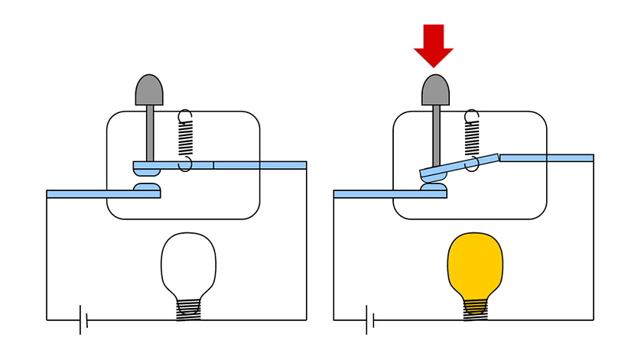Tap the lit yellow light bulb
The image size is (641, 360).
click(474, 264)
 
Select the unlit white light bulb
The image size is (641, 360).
click(188, 264)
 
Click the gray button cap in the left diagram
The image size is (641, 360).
click(149, 89)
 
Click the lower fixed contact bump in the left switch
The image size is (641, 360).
click(147, 187)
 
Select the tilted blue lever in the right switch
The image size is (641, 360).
click(459, 166)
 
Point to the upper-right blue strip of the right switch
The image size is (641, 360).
click(546, 157)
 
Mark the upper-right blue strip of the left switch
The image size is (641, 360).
click(260, 164)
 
